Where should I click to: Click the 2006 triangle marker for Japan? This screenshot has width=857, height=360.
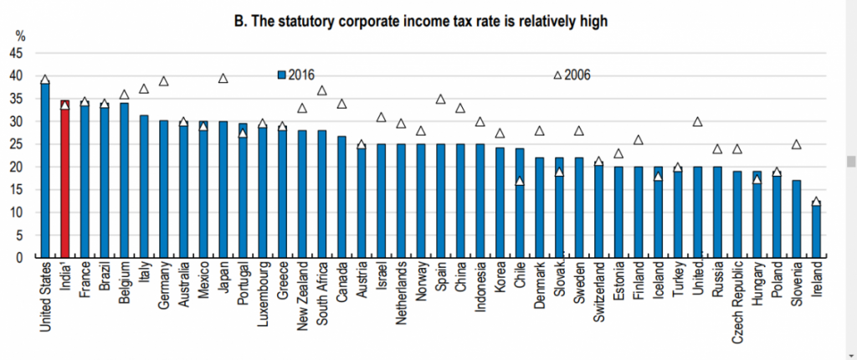(223, 78)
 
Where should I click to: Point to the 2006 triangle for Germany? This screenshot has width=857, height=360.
(164, 81)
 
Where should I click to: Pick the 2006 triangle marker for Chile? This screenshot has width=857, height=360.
(519, 181)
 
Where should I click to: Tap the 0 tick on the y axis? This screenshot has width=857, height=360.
(20, 258)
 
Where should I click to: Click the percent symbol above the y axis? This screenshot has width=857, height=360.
(21, 36)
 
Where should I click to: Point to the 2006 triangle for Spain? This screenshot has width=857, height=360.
(440, 99)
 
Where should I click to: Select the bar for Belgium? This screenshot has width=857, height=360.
(124, 180)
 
